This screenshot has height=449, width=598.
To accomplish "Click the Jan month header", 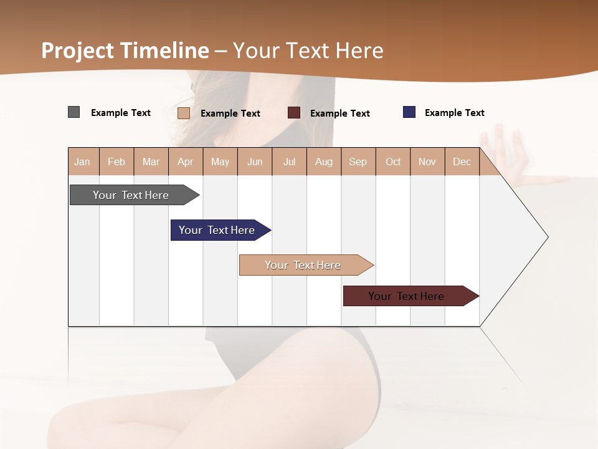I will click(83, 162).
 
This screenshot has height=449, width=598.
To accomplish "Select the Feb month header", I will click(116, 162).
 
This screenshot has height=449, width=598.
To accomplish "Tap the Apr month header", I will click(186, 162).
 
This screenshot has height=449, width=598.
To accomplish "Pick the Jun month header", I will click(255, 162).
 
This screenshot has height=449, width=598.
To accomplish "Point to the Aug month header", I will click(324, 162).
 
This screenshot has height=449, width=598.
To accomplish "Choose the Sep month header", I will click(358, 162).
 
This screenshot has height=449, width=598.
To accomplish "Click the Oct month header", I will click(393, 162).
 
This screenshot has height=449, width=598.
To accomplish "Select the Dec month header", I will click(462, 162).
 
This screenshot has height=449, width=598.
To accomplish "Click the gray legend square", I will click(74, 112).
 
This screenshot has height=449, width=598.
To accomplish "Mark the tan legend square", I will click(184, 113).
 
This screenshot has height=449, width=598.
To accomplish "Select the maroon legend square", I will click(294, 113).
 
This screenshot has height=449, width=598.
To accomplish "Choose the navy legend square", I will click(409, 112).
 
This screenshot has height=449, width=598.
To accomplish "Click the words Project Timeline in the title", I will click(125, 51).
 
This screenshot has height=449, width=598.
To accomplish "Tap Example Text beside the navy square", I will click(454, 113).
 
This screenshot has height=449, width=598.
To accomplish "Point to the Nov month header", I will click(427, 162).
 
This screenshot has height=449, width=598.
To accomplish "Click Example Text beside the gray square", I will click(121, 113).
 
